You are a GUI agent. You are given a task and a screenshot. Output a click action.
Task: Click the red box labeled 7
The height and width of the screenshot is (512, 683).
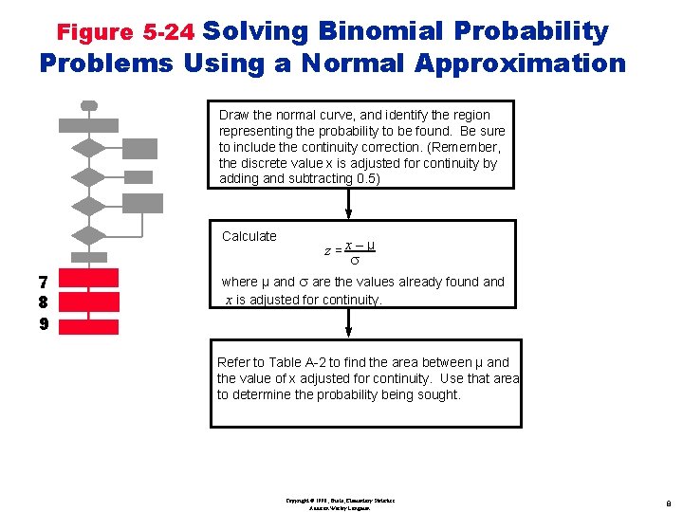pyautogui.click(x=89, y=278)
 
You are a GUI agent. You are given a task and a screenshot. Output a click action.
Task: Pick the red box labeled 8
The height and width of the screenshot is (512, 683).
pyautogui.click(x=89, y=302)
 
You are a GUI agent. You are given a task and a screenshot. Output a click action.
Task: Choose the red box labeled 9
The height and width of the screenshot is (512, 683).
pyautogui.click(x=89, y=326)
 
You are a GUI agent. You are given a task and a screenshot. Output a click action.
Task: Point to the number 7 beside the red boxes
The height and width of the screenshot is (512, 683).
pyautogui.click(x=42, y=282)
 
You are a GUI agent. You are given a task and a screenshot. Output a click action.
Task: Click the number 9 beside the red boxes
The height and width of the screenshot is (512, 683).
pyautogui.click(x=42, y=324)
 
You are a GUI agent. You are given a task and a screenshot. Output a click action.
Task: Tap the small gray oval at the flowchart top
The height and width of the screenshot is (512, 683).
pyautogui.click(x=89, y=105)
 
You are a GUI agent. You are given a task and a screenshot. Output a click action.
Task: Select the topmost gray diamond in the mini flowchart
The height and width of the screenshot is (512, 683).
pyautogui.click(x=89, y=147)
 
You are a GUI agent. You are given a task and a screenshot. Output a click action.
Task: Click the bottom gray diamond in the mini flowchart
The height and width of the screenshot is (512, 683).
pyautogui.click(x=89, y=234)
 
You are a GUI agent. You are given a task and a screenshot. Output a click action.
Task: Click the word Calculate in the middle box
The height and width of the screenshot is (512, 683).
pyautogui.click(x=249, y=236)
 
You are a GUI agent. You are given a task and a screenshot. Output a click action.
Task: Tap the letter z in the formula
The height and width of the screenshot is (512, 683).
pyautogui.click(x=327, y=251)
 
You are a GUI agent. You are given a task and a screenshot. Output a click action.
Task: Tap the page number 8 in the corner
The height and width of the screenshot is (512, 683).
pyautogui.click(x=669, y=504)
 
